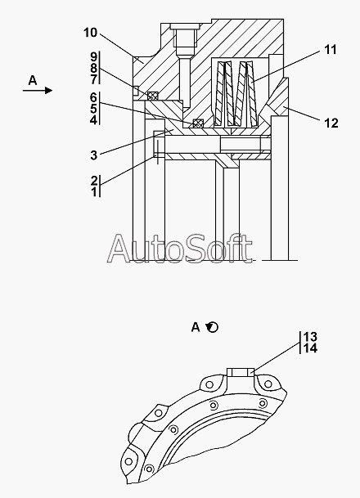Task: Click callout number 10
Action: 90,33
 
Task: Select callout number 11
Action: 331,50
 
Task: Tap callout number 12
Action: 331,123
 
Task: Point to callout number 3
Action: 93,155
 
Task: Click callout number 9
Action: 93,57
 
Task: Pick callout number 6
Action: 93,97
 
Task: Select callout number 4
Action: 93,120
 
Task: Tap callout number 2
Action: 94,181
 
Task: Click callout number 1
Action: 94,192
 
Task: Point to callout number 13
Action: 310,337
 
